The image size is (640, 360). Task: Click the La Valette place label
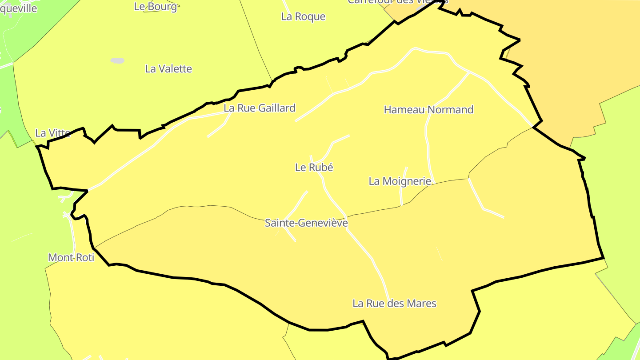168,69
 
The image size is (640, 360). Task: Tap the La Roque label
303,16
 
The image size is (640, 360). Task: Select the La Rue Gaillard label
259,108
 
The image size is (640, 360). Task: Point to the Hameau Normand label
428,110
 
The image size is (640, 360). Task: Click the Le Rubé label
314,168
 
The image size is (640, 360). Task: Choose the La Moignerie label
400,181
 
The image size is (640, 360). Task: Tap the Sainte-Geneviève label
306,223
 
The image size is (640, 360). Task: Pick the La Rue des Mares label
394,304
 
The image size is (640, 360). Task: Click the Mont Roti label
71,257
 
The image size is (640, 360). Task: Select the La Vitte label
53,133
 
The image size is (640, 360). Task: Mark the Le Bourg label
155,6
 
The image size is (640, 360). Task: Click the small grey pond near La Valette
117,60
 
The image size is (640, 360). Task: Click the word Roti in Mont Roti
84,257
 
